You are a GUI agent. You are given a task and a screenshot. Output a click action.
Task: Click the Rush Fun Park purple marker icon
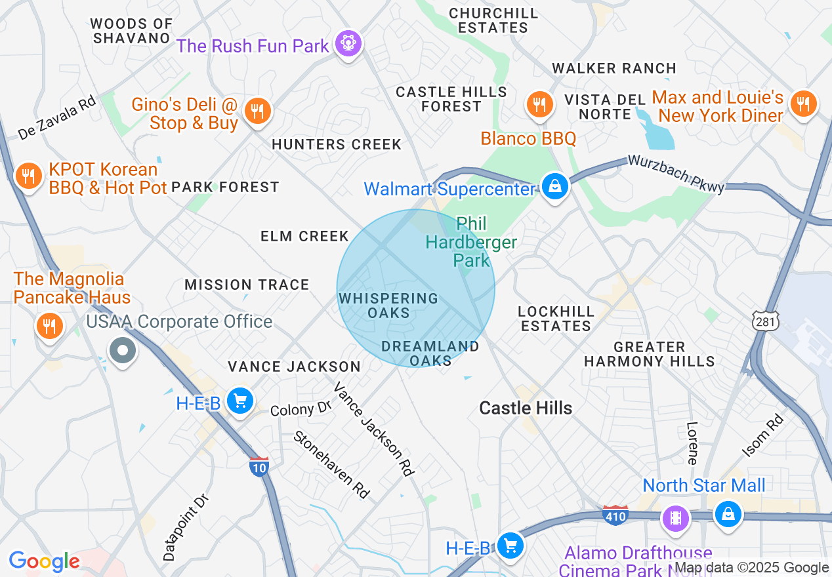[348, 44]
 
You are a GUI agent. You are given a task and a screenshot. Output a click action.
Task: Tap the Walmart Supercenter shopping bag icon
[555, 187]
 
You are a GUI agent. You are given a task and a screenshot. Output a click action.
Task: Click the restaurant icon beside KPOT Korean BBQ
[28, 176]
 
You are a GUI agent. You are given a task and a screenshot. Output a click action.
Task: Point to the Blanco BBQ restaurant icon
[539, 104]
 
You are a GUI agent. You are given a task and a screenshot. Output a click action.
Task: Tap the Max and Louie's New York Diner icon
[802, 104]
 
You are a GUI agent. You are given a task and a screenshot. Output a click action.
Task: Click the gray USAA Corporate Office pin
[122, 350]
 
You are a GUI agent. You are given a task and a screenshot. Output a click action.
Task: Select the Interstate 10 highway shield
[260, 466]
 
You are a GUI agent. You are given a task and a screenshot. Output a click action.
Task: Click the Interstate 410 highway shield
[615, 515]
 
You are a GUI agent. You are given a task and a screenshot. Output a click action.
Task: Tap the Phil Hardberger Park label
[471, 243]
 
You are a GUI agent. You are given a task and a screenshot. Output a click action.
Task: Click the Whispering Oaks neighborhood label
[388, 306]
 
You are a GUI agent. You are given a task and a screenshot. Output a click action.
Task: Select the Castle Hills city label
[526, 408]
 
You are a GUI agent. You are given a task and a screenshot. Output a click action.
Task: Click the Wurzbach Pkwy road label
[676, 174]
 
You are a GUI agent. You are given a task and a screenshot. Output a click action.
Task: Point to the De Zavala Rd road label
[57, 118]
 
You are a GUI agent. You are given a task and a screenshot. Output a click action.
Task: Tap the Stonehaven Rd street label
[331, 464]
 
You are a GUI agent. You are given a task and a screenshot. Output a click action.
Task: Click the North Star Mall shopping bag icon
[727, 514]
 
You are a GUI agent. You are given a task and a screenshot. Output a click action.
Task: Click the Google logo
[44, 561]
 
